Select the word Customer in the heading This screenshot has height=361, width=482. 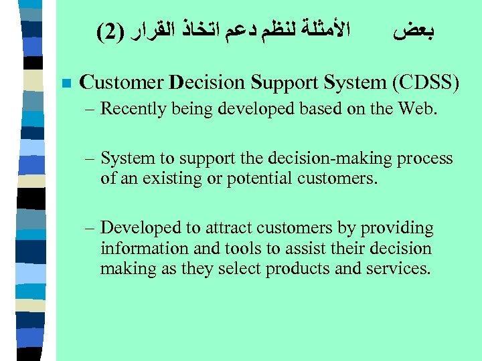point(121,83)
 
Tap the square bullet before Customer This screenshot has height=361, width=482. point(65,84)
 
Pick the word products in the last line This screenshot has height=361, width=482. point(295,268)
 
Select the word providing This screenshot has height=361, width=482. point(398,229)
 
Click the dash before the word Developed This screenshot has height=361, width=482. point(90,229)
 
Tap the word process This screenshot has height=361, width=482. point(424,158)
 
